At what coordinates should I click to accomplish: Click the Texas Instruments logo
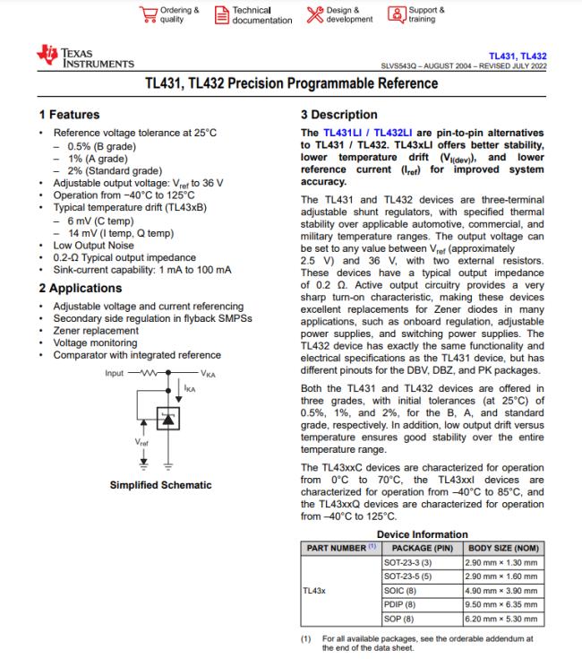click(84, 58)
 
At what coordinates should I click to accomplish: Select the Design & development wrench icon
click(313, 14)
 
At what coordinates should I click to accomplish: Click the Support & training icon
click(396, 14)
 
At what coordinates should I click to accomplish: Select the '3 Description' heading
click(339, 115)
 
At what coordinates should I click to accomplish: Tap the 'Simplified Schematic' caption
click(160, 485)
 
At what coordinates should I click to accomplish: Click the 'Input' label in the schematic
click(115, 372)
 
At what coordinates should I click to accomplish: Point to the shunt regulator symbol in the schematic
click(166, 417)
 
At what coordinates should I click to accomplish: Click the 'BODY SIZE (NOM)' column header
click(504, 547)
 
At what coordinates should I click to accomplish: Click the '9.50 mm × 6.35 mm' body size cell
click(502, 604)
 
